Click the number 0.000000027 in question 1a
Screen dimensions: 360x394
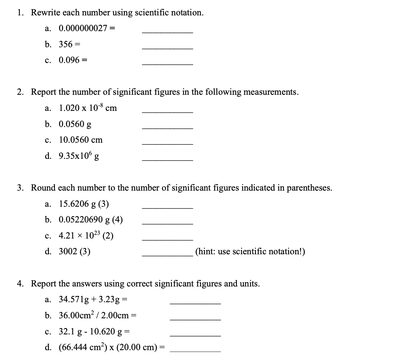[x=81, y=28]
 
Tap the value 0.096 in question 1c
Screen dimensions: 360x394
[x=69, y=60]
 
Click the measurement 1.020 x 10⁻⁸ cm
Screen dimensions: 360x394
[x=88, y=108]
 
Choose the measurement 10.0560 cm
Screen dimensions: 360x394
[x=81, y=140]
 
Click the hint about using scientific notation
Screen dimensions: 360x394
[x=250, y=251]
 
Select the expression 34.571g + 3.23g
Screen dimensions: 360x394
[x=90, y=300]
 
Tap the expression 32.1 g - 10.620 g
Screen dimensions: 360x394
[x=91, y=332]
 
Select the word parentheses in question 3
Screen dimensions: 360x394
[x=310, y=188]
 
